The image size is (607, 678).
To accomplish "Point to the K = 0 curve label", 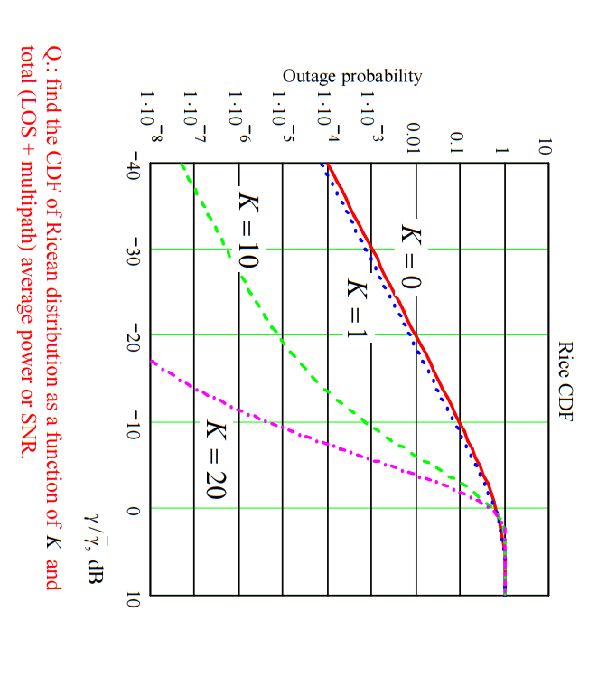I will pos(409,257).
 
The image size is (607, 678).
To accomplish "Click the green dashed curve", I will pos(283,341).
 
